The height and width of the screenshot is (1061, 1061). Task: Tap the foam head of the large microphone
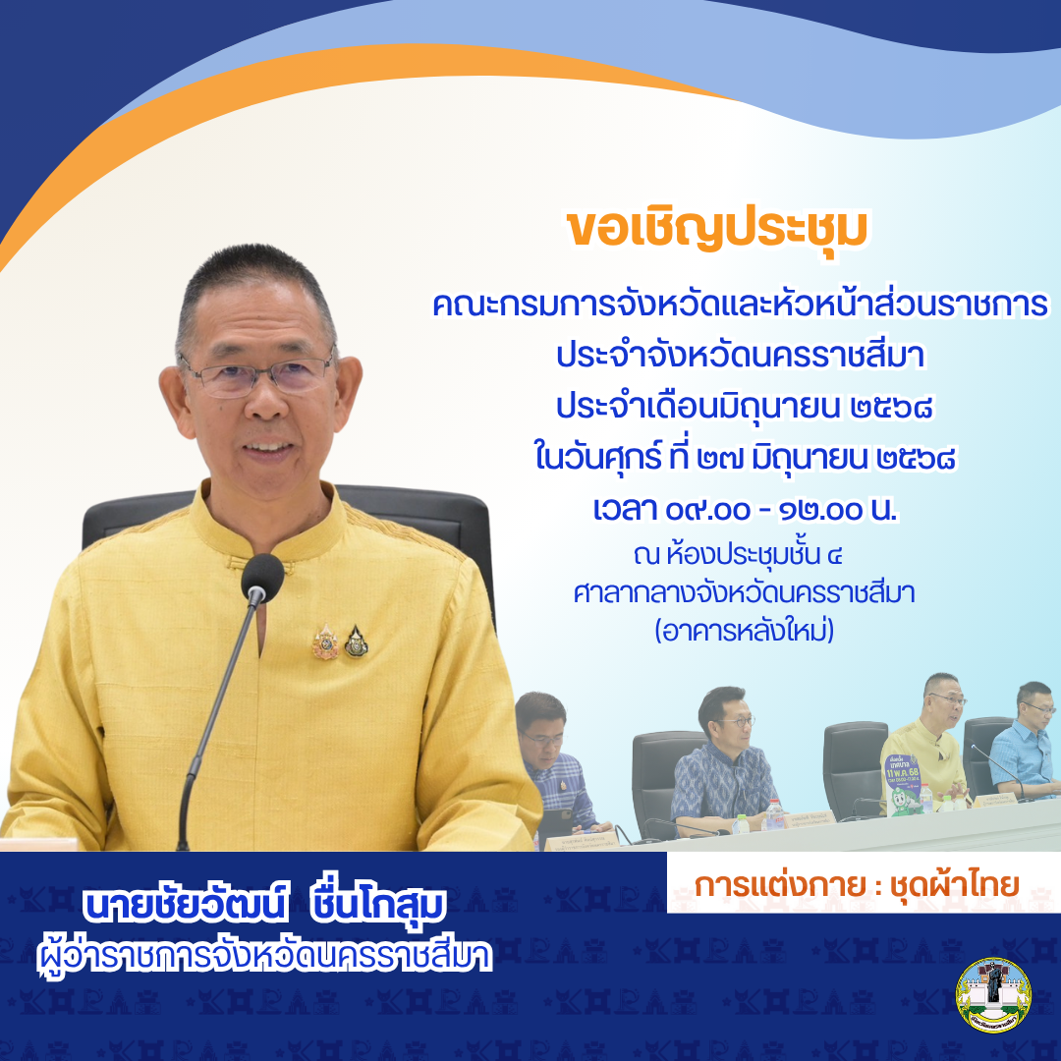[x=261, y=579]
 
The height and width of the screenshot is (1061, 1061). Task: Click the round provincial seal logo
[x=993, y=995]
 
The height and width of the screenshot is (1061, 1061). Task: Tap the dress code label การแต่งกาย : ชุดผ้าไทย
[x=858, y=884]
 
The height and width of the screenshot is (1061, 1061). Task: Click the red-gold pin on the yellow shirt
[x=325, y=642]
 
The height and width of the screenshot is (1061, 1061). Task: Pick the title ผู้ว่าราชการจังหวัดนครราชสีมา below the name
[x=263, y=955]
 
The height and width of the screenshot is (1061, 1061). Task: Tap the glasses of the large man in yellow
[x=257, y=373]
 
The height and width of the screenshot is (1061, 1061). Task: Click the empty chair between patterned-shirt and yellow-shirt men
[x=855, y=761]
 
